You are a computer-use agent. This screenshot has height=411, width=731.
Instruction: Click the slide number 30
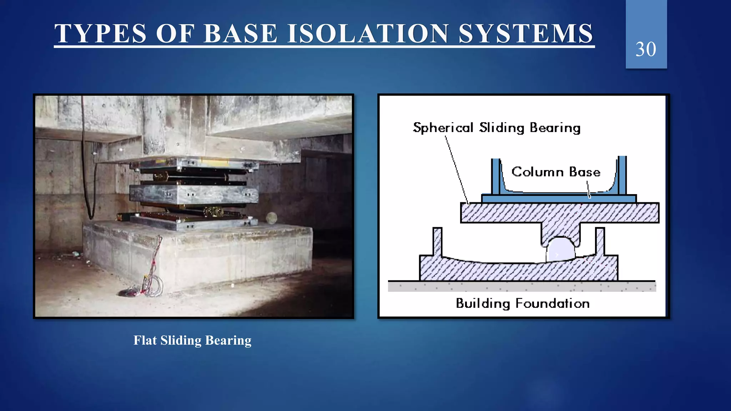pos(646,49)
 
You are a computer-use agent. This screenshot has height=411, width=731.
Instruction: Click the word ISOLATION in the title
pos(368,34)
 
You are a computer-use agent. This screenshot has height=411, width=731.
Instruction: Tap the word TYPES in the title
pos(100,34)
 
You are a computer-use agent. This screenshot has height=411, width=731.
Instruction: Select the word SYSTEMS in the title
pos(526,34)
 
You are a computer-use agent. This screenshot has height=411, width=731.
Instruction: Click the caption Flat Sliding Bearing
pos(192,340)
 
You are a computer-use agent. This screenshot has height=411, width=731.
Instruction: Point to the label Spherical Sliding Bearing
pos(496,128)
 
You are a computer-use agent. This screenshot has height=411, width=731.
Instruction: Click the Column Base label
pos(556,172)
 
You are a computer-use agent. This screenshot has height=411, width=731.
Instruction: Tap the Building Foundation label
pos(523,304)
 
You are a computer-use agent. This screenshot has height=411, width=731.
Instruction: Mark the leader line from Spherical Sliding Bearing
pos(457,168)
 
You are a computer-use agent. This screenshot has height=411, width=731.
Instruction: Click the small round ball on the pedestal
pos(271,218)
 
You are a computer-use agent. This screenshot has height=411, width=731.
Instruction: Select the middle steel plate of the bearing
pos(193,194)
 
